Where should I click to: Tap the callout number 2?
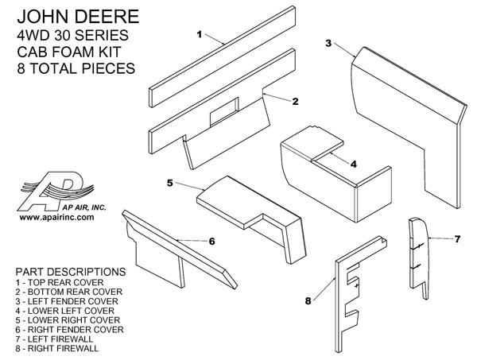295,101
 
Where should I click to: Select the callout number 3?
328,44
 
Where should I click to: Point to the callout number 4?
353,164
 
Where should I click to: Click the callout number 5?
170,182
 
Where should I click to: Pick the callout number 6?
212,240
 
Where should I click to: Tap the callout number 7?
457,238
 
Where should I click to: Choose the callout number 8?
308,300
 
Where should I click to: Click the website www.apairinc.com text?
56,216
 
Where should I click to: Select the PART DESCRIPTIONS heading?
68,270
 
